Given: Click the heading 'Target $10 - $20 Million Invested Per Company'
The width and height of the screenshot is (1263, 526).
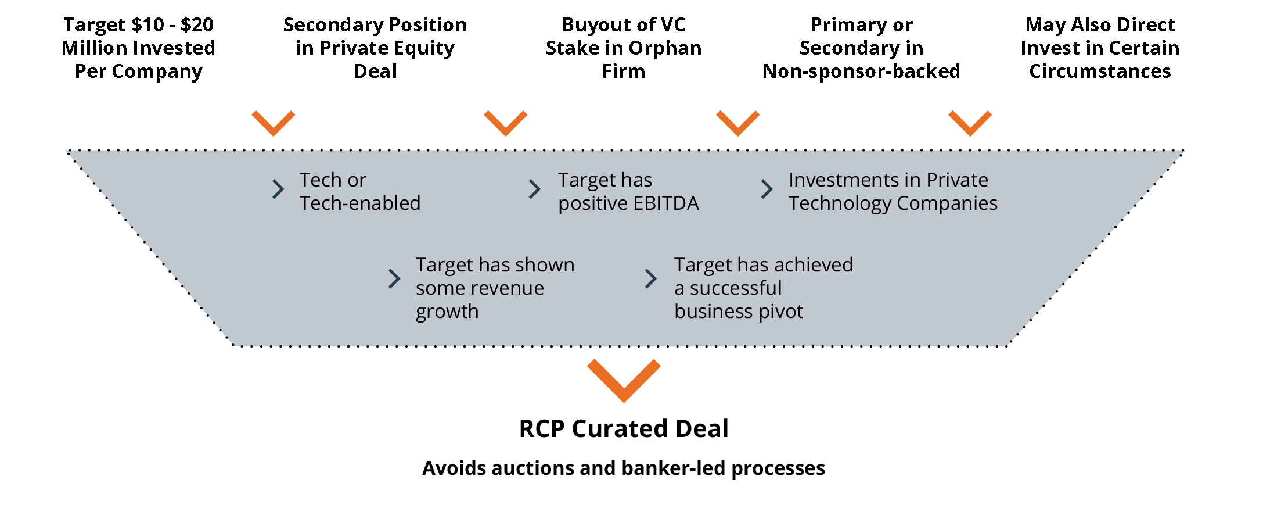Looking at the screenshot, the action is pyautogui.click(x=138, y=48).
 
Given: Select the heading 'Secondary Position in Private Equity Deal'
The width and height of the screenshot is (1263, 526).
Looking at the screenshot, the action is pyautogui.click(x=375, y=48).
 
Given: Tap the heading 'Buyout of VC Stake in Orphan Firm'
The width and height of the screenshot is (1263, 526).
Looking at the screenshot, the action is pyautogui.click(x=624, y=48).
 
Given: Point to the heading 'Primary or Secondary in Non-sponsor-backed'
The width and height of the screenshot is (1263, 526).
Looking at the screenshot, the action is pyautogui.click(x=861, y=48).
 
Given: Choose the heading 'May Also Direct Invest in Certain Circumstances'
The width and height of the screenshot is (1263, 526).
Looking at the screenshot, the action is pyautogui.click(x=1100, y=48).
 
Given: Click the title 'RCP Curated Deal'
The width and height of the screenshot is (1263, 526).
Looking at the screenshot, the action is pyautogui.click(x=624, y=429).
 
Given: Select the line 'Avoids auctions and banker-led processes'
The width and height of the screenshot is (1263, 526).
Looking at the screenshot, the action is pyautogui.click(x=624, y=468).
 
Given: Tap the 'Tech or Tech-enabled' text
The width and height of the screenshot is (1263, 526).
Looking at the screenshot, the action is pyautogui.click(x=360, y=192).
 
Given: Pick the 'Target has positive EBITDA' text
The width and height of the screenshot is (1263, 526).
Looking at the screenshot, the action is pyautogui.click(x=628, y=192).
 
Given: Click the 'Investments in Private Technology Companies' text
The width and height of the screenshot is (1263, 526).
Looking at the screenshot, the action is pyautogui.click(x=893, y=192).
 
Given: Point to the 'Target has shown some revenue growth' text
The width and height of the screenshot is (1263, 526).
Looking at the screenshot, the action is pyautogui.click(x=495, y=288).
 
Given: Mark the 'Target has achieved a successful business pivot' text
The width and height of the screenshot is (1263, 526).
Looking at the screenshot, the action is pyautogui.click(x=764, y=288).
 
